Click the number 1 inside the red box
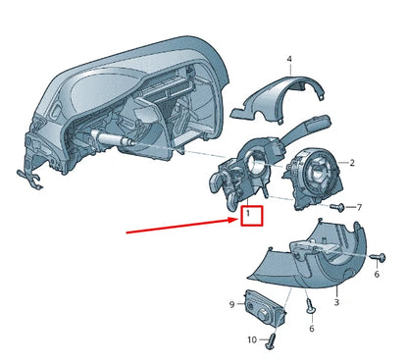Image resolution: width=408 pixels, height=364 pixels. [x=250, y=212]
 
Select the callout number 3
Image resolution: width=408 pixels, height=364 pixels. [x=335, y=304]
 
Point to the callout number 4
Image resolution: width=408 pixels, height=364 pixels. [x=289, y=60]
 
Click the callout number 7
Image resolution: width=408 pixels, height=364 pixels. [x=358, y=207]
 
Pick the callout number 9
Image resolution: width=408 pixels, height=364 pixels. [x=232, y=305]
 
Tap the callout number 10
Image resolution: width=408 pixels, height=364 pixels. [x=251, y=339]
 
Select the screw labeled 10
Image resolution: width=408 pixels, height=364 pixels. [x=272, y=340]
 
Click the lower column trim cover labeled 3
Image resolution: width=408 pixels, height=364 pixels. [x=314, y=255]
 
